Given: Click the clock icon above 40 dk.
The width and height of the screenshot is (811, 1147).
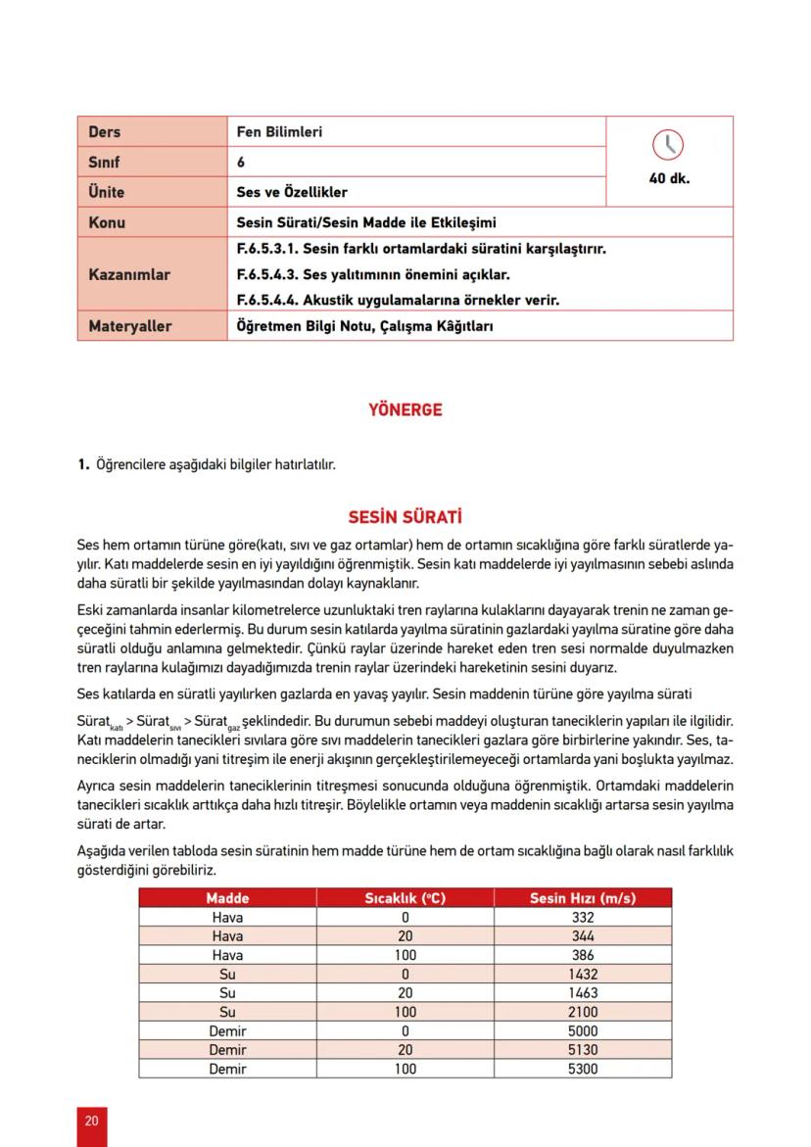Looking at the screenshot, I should tap(668, 145).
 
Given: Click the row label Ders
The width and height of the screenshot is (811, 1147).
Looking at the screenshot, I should tap(105, 131).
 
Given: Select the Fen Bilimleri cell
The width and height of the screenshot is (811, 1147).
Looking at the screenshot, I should tap(279, 131).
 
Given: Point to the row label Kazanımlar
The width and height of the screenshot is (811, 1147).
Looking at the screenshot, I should tap(129, 274).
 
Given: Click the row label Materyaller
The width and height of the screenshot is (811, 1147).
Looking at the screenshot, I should tap(129, 325).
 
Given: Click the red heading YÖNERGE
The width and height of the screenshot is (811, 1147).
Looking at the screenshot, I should tap(405, 410).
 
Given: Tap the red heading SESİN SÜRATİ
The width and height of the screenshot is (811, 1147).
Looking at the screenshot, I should tap(405, 516).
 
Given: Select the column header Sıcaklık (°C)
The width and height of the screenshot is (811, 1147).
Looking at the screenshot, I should tap(405, 898).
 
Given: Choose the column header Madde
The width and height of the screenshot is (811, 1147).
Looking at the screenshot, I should tap(227, 898).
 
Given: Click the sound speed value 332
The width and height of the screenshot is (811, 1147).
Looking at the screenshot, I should tap(582, 918).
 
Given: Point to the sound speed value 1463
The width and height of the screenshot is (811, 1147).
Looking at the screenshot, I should tap(582, 993).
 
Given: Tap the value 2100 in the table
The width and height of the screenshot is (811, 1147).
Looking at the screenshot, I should tap(582, 1012).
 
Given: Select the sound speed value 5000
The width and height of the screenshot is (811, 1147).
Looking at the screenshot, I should tap(582, 1031).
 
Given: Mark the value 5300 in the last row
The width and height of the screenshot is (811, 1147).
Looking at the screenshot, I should tap(582, 1069).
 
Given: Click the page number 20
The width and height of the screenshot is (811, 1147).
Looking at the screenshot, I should tap(91, 1122).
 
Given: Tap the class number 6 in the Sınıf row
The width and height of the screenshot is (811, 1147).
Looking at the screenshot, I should tap(241, 162).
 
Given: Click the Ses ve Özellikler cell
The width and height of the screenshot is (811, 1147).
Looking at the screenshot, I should tap(292, 192).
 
